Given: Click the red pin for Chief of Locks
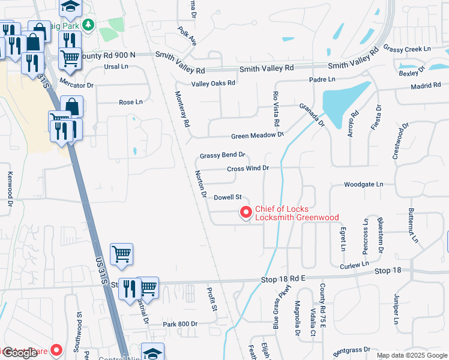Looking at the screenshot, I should [246, 212].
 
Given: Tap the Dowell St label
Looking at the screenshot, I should [228, 197].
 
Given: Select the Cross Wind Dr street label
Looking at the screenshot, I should [247, 168].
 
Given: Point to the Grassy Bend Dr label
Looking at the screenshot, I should [223, 155].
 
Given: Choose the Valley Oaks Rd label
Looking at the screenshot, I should [213, 83].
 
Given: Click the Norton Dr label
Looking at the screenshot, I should [201, 184].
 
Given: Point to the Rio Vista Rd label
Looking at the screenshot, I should [276, 109].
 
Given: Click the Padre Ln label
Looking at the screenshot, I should [322, 79].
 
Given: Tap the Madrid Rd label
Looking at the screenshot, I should [426, 86].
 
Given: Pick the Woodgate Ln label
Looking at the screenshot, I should [363, 185].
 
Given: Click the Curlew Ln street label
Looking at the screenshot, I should [354, 265].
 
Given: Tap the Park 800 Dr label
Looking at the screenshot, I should [180, 324].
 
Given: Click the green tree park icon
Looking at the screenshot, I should [89, 25].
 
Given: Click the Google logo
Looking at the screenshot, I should [20, 353].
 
